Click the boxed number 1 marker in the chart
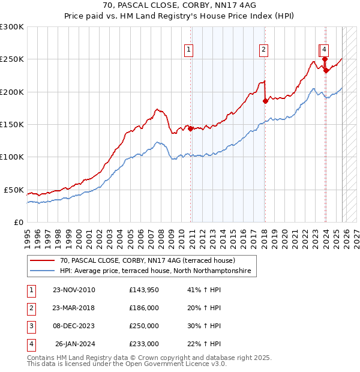coord(189,50)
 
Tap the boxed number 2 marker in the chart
coord(264,50)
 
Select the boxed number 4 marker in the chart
coord(324,50)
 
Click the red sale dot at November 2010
coord(191,128)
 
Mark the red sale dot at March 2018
coord(265,101)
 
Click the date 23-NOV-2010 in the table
coord(74,290)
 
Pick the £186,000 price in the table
coord(144,308)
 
